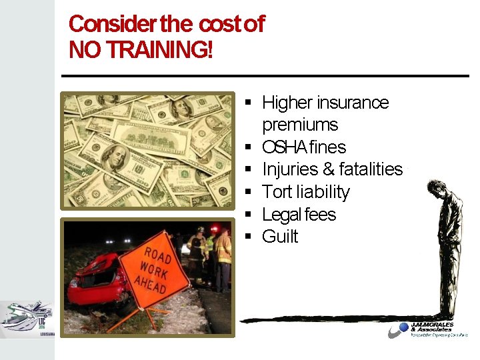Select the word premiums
coord(300,125)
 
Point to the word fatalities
coord(371,169)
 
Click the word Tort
coord(278,192)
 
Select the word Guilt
coord(280,237)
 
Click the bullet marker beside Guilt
coord(247,237)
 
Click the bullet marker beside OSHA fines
coord(247,147)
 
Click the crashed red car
coord(100,283)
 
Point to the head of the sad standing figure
coord(437,190)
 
